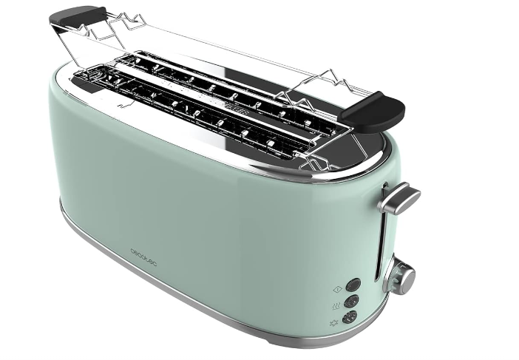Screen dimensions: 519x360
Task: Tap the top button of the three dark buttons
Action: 353,285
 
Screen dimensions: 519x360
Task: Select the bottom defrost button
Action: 350,318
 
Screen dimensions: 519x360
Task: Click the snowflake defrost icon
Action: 333,322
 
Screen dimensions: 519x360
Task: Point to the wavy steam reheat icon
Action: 336,306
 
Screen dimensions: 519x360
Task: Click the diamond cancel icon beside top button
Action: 338,290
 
